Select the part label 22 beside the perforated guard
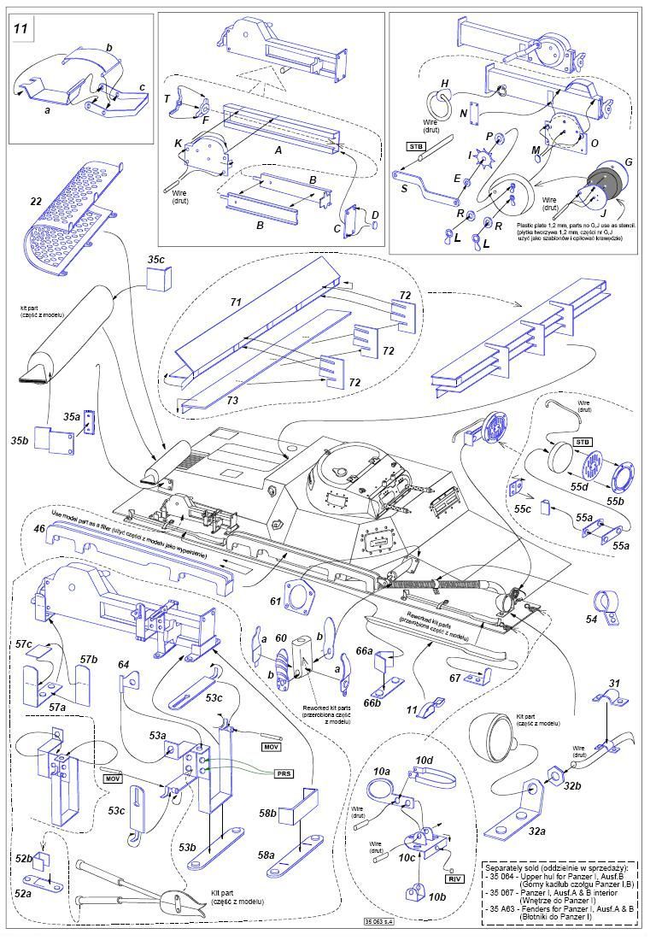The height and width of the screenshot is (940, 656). (x=35, y=201)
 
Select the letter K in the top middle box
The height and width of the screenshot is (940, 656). (x=179, y=144)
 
